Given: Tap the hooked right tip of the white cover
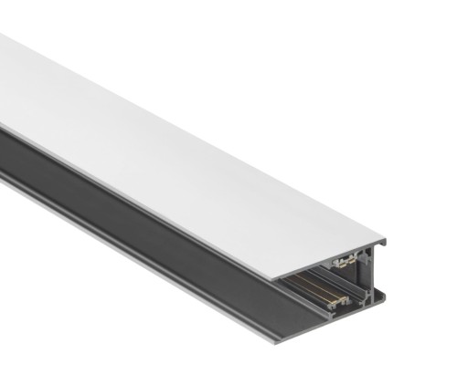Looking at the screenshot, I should [x=383, y=244].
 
